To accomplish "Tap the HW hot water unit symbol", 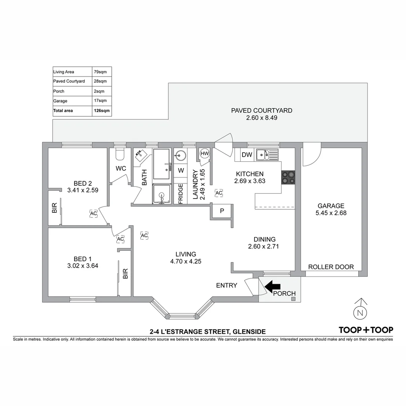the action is [205, 153].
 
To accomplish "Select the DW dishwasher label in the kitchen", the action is [247, 155].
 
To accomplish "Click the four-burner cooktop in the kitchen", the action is [289, 177].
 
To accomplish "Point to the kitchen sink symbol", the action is [267, 155].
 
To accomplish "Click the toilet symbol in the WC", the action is [120, 154].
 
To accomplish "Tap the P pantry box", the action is [222, 211].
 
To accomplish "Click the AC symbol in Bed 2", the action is [93, 213].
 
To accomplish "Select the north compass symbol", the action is [361, 312].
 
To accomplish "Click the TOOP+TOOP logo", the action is [366, 330].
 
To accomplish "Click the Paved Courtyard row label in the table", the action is [69, 81].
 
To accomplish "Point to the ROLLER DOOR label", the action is [331, 267].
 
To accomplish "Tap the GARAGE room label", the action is [331, 206].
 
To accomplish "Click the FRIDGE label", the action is [180, 194].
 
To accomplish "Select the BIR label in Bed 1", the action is [125, 273].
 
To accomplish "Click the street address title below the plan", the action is [208, 332].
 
